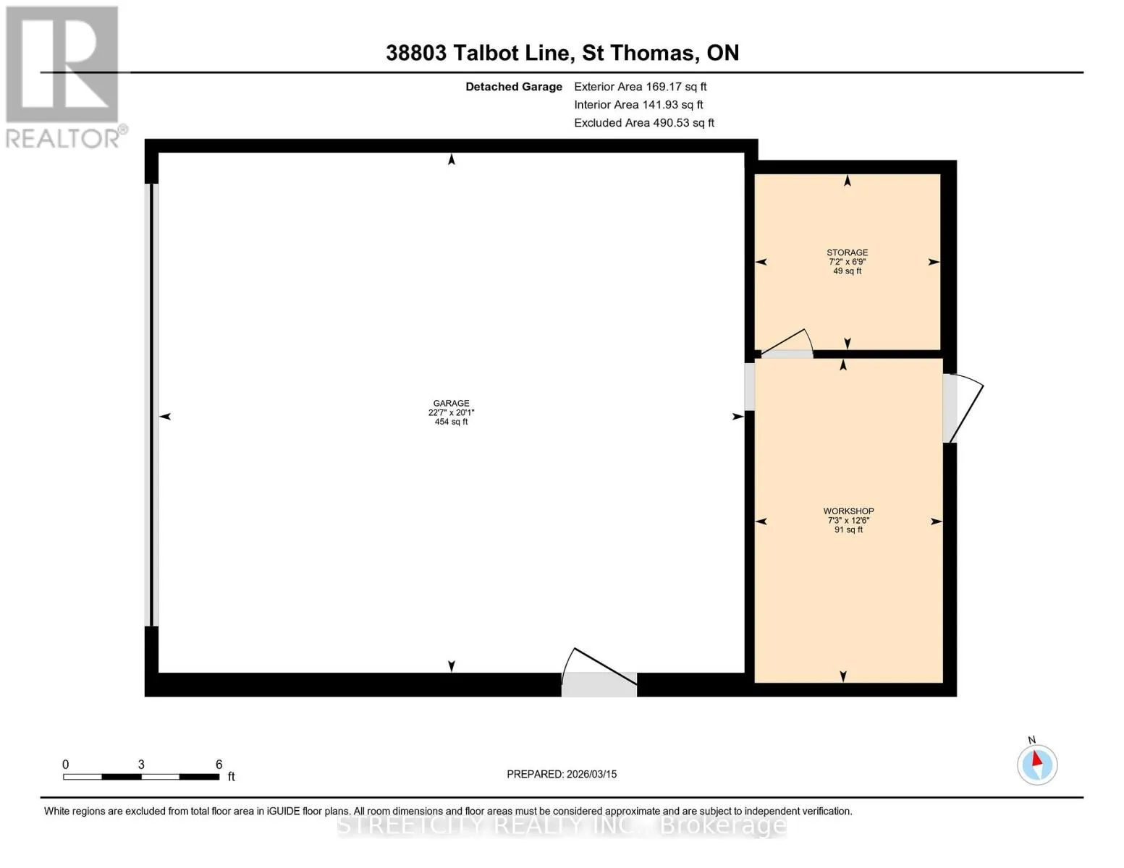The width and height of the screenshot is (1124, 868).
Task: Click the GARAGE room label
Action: [451, 403]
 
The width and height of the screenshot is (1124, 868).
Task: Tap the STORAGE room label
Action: [848, 252]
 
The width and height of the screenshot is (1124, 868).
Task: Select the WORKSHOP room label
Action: [848, 511]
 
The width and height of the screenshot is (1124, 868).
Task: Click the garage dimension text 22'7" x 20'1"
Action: [451, 412]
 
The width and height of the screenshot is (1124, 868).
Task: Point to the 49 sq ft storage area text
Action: [848, 271]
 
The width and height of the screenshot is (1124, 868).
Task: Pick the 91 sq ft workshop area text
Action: [848, 529]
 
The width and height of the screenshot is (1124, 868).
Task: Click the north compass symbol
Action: [1037, 764]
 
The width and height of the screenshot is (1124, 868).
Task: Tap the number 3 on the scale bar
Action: [140, 764]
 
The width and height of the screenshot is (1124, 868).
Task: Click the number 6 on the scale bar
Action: [219, 764]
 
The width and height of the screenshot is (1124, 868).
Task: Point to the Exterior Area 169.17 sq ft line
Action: [640, 87]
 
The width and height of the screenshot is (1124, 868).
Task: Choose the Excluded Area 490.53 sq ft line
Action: [644, 123]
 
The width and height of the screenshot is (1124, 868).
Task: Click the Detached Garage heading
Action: [514, 87]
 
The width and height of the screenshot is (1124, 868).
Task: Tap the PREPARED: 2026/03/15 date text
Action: [562, 774]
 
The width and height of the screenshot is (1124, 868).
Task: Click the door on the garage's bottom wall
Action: [599, 672]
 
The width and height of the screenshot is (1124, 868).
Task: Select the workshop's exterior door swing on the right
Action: [963, 409]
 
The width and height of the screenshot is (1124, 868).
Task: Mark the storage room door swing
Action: [786, 344]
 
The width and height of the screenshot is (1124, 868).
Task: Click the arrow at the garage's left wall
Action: [165, 416]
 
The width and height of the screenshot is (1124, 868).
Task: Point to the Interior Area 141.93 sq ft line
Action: [638, 105]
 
